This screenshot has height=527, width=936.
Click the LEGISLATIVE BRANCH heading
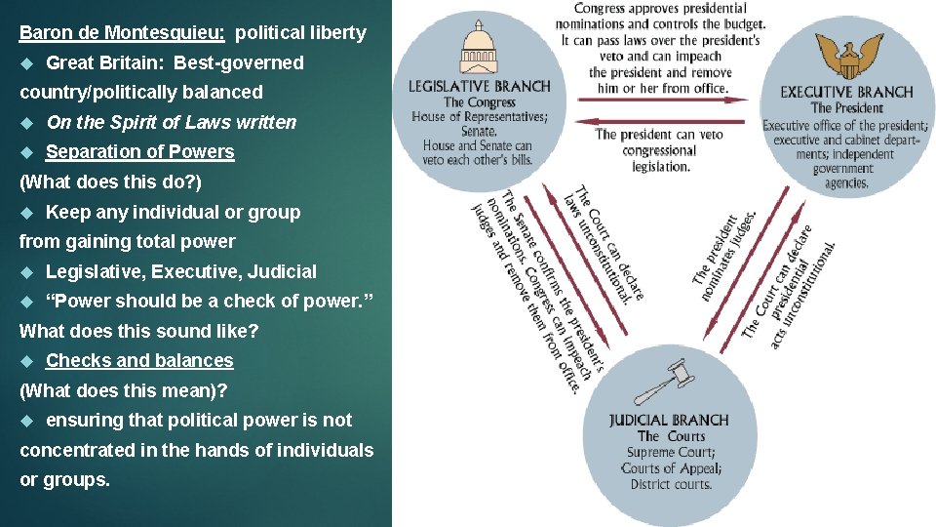[x=478, y=86]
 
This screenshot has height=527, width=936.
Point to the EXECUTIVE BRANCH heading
[x=845, y=93]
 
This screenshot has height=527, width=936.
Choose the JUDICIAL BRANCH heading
[x=669, y=421]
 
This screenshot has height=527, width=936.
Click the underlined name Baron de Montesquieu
[x=123, y=32]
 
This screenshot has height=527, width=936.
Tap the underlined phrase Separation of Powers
[x=139, y=152]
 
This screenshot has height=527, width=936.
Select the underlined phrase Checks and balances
[x=139, y=361]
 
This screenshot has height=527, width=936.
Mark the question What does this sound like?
[x=139, y=331]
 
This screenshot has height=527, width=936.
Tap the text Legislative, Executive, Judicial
[x=180, y=271]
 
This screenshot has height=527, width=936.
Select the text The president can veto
[x=658, y=135]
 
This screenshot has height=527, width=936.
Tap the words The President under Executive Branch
[x=847, y=108]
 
